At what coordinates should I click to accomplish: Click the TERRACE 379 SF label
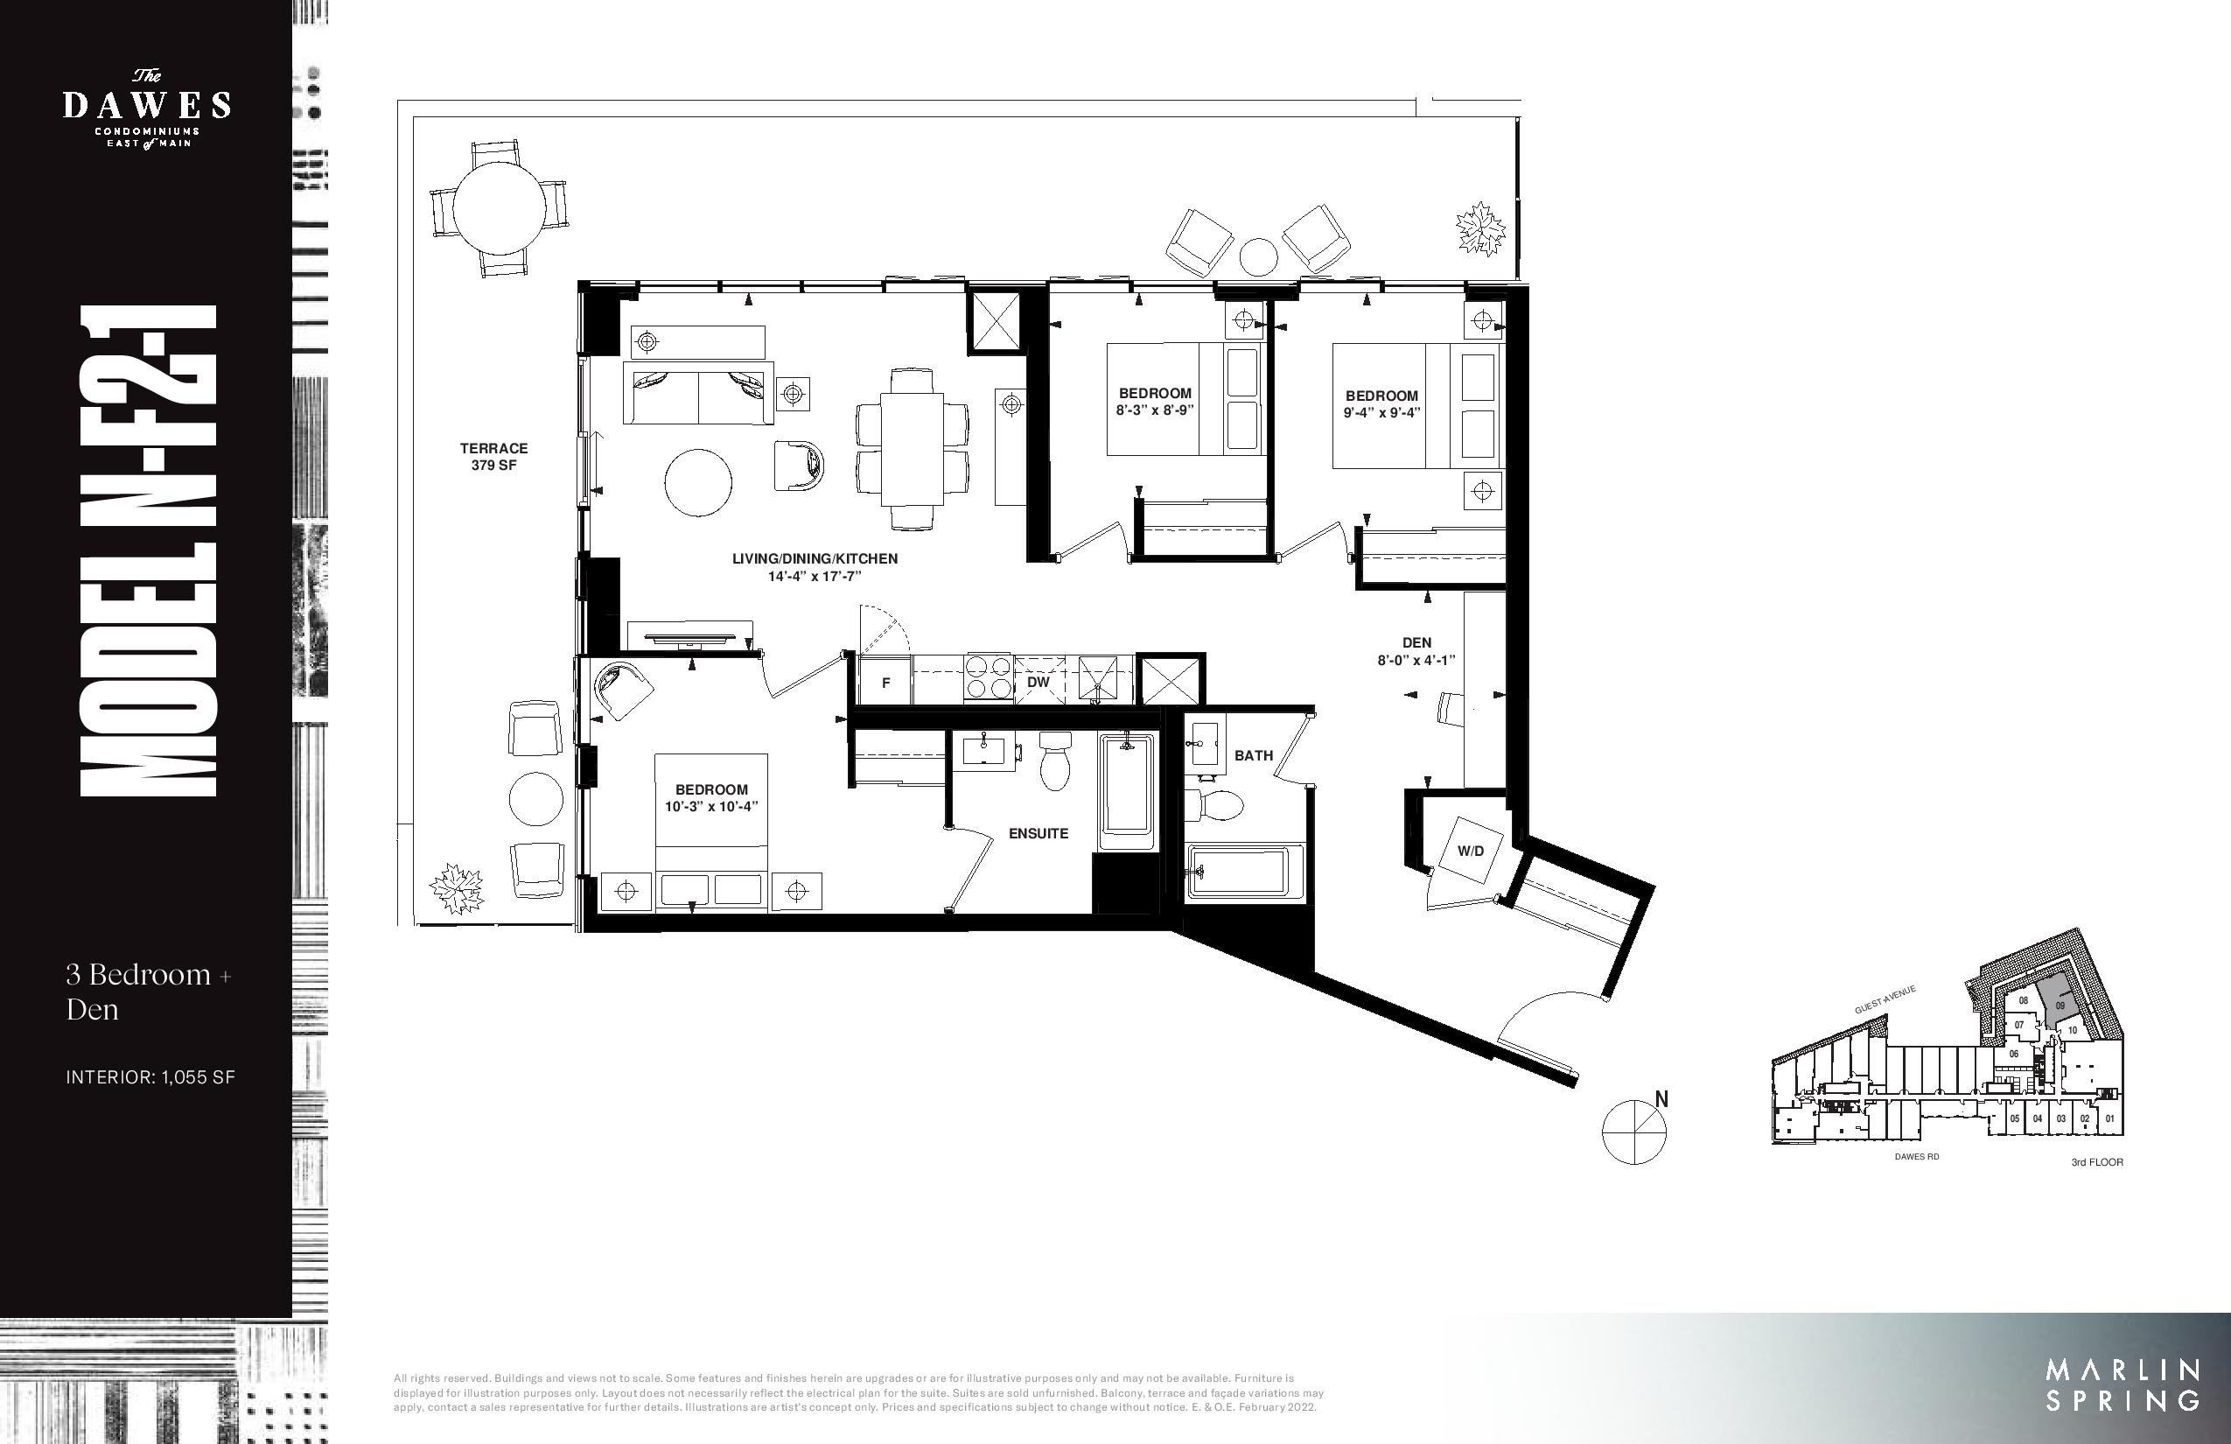tap(494, 457)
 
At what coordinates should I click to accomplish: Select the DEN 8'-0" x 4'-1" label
tap(1416, 651)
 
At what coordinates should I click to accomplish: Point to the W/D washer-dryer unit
tap(1470, 851)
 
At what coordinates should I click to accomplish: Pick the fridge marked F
tap(885, 683)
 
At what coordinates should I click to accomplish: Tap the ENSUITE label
tap(1038, 832)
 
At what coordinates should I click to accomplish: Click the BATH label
tap(1253, 754)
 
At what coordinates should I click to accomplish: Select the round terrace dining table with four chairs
tap(499, 208)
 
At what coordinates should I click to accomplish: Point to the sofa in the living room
tap(698, 394)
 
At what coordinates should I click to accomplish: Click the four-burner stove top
tap(989, 678)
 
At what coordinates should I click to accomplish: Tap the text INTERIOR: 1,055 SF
tap(150, 1077)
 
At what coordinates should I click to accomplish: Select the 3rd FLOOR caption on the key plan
tap(2097, 1162)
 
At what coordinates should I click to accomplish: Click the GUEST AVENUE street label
tap(1885, 999)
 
